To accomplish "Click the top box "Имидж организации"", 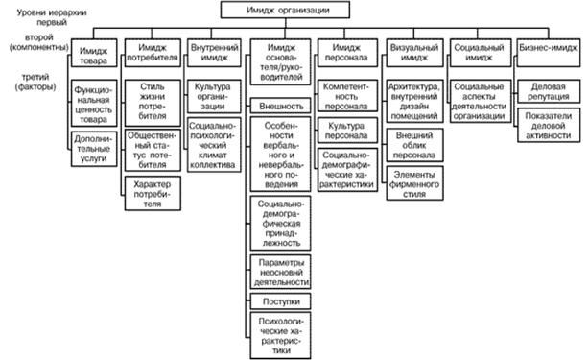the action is point(285,10).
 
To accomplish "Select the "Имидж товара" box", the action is point(94,54).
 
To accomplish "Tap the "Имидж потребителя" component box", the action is point(153,53).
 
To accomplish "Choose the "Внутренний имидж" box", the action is point(214,53).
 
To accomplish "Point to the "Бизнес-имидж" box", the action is point(549,53).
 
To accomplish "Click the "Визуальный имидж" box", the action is point(414,53).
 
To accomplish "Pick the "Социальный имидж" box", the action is point(480,53).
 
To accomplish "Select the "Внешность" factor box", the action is point(280,106).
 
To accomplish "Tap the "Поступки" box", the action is point(280,301).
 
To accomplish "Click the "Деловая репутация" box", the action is point(549,91).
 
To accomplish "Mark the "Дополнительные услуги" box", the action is point(94,149).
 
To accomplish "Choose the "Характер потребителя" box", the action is point(153,194).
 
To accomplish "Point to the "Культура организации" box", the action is point(213,96).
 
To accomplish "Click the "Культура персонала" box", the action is point(347,131).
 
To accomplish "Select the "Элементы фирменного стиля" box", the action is point(414,183).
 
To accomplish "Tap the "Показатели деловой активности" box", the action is point(549,126).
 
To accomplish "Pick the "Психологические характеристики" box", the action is point(280,335).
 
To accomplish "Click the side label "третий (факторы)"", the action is point(35,82).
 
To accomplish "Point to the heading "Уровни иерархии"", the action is point(52,12).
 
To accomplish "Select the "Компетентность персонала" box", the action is point(347,96).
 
